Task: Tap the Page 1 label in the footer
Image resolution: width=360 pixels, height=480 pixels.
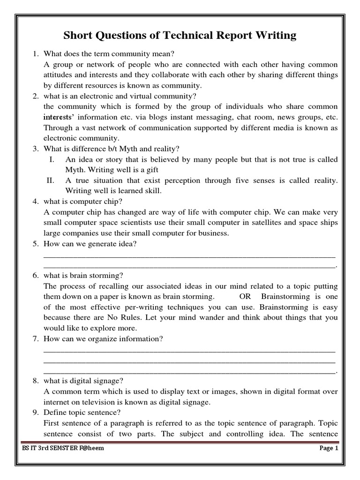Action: [x=327, y=448]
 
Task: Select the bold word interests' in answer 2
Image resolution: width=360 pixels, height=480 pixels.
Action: [x=59, y=118]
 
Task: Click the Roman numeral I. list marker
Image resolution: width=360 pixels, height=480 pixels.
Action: [x=52, y=159]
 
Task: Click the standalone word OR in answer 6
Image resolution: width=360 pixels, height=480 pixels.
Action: [x=245, y=296]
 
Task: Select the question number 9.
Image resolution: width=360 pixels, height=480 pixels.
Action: [x=36, y=412]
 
